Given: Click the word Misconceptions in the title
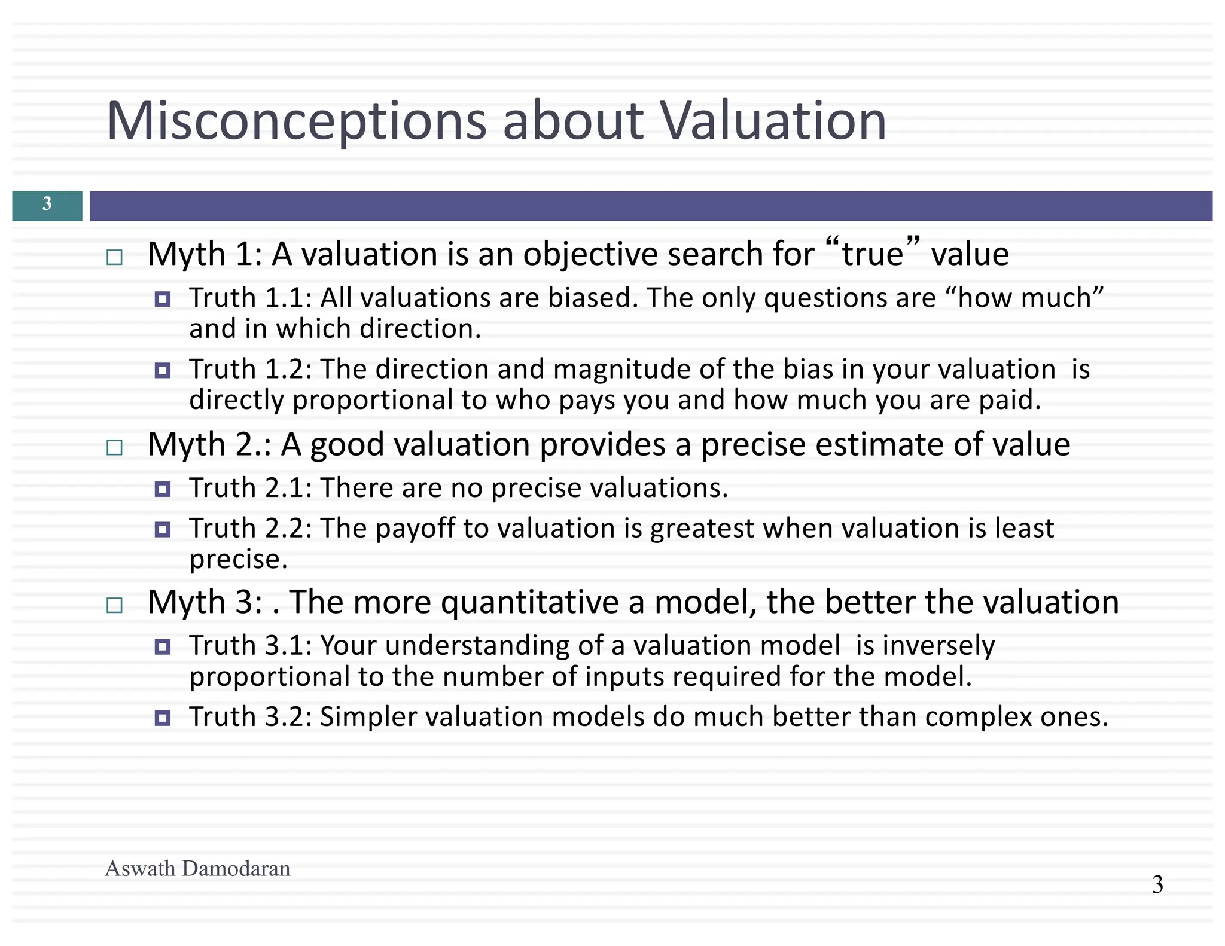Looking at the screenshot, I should pyautogui.click(x=296, y=121).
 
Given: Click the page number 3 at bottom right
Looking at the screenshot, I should pyautogui.click(x=1157, y=884).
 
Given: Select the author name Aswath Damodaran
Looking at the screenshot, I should pyautogui.click(x=197, y=868).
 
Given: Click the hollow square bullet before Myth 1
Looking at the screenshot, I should pyautogui.click(x=114, y=258).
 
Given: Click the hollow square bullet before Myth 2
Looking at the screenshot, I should pyautogui.click(x=114, y=448).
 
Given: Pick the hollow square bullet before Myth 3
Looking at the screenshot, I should pyautogui.click(x=114, y=606).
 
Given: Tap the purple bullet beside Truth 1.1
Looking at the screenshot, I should pyautogui.click(x=163, y=299).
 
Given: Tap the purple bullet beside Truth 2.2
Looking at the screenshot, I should pyautogui.click(x=163, y=529).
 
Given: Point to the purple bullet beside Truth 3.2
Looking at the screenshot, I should pyautogui.click(x=163, y=718).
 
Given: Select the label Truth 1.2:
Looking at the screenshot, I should pyautogui.click(x=251, y=369).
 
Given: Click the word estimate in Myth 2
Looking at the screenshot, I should pyautogui.click(x=879, y=445).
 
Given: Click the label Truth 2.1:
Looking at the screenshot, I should pyautogui.click(x=251, y=488).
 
